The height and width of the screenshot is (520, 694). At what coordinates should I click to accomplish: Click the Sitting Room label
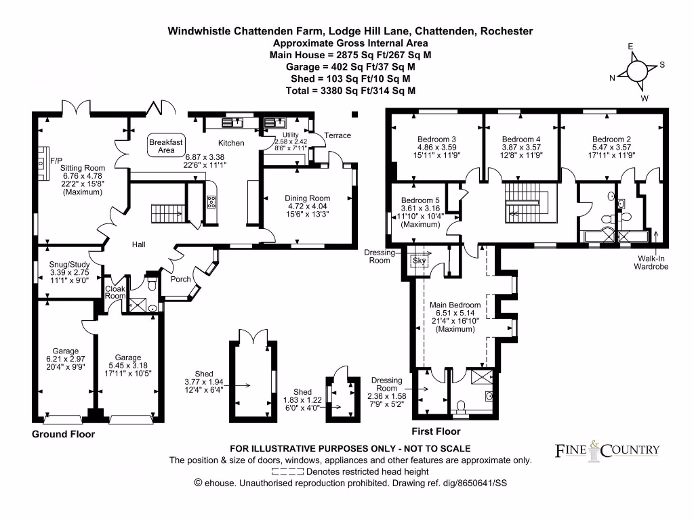(x=83, y=168)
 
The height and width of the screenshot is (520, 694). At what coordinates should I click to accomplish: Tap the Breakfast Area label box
(x=166, y=146)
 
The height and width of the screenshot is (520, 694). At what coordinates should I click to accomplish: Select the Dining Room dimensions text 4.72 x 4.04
(x=306, y=207)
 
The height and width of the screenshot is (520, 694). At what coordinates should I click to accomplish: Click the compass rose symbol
(x=637, y=70)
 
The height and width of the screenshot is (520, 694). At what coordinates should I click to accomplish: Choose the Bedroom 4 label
(x=521, y=139)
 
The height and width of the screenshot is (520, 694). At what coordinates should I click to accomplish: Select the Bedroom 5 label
(x=420, y=200)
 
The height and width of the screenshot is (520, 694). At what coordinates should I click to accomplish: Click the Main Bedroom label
(x=455, y=305)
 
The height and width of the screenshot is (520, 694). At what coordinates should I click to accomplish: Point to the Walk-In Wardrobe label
(x=651, y=262)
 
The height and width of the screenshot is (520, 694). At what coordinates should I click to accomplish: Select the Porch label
(x=181, y=279)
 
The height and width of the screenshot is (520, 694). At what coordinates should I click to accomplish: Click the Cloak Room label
(x=115, y=292)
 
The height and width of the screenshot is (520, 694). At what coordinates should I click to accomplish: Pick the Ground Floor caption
(x=63, y=434)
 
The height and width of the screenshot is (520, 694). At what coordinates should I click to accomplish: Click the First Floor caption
(x=436, y=431)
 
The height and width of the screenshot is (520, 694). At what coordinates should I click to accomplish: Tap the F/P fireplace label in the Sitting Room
(x=56, y=160)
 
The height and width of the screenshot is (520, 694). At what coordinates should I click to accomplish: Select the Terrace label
(x=338, y=135)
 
